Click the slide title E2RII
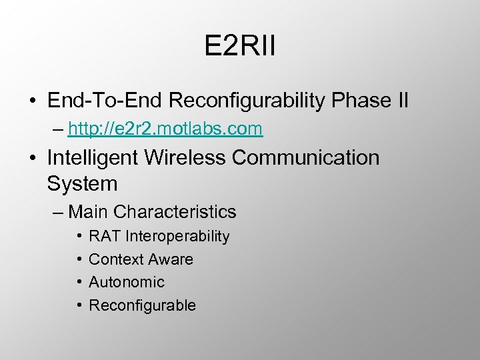[240, 49]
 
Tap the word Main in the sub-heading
[89, 212]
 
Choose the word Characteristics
[175, 212]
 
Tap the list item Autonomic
[126, 282]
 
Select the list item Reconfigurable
[142, 305]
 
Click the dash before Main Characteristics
[57, 213]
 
